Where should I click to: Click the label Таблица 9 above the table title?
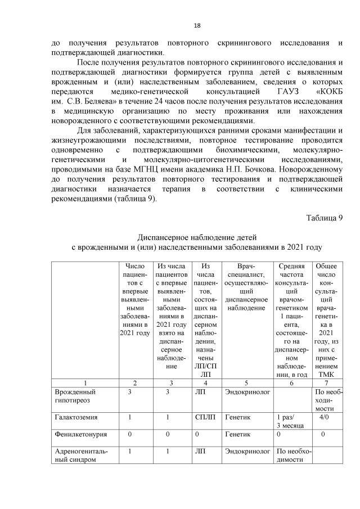point(324,218)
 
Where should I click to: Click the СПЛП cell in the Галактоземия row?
point(205,418)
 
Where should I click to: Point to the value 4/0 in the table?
point(325,418)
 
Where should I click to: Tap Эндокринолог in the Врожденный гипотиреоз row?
point(246,391)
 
